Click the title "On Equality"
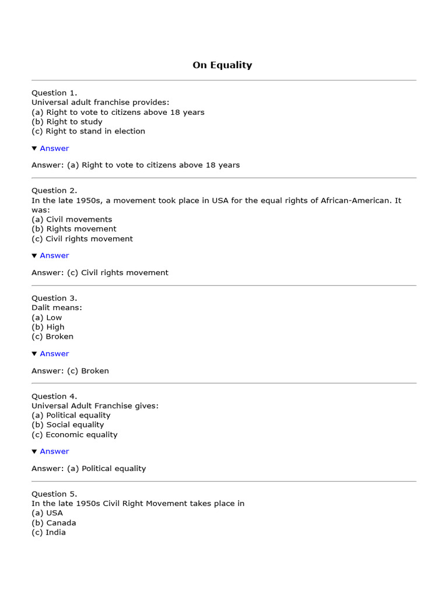pos(222,65)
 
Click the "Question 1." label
pos(54,93)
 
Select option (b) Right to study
pos(66,122)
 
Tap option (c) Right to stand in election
pos(88,131)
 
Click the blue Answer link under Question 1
pos(54,148)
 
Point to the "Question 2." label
pos(54,191)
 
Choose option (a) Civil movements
pos(72,219)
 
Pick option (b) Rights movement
pos(74,229)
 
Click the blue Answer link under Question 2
pos(54,255)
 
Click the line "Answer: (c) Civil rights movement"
pos(100,272)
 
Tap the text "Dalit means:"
pos(57,308)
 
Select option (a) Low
pos(47,318)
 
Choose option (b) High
pos(48,327)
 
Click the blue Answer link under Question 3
pos(54,353)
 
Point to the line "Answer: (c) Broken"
pos(70,371)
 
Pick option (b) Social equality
pos(68,425)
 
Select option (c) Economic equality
pos(75,434)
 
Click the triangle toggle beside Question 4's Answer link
pos(34,451)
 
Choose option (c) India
pos(48,532)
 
